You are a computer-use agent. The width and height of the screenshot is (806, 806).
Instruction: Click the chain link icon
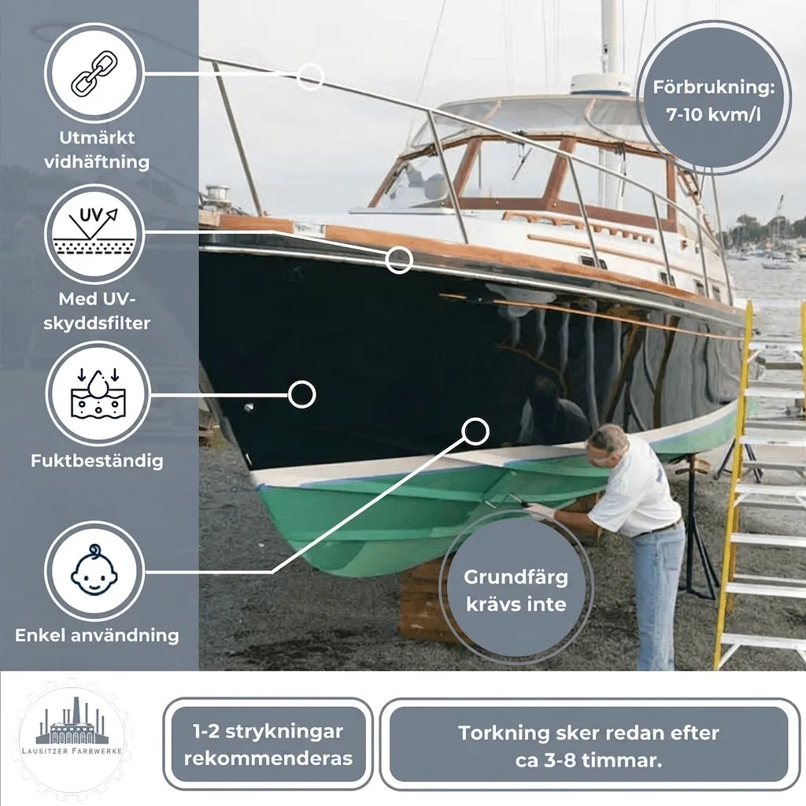point(94,73)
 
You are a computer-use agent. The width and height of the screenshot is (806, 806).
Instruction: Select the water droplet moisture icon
point(98,393)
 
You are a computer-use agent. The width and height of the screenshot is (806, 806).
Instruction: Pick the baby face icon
point(94,570)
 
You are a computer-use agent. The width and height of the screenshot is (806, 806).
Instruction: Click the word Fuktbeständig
point(97,460)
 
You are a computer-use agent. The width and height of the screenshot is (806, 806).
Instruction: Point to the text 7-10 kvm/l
point(713,114)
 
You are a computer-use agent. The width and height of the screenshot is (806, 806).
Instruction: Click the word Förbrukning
point(713,87)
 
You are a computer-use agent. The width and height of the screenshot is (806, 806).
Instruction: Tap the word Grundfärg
point(516,577)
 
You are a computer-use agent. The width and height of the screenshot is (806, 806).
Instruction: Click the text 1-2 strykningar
point(268,731)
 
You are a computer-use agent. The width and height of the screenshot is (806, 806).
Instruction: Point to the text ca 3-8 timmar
point(589,760)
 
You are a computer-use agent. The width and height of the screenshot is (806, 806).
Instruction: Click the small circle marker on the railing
point(310,77)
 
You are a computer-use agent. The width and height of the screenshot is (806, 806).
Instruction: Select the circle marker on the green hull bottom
point(475,431)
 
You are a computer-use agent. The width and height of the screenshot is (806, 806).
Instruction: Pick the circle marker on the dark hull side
point(301,395)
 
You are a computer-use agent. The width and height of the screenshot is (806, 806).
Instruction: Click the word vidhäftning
point(97,162)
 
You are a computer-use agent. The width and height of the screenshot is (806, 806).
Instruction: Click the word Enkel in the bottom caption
point(40,635)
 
